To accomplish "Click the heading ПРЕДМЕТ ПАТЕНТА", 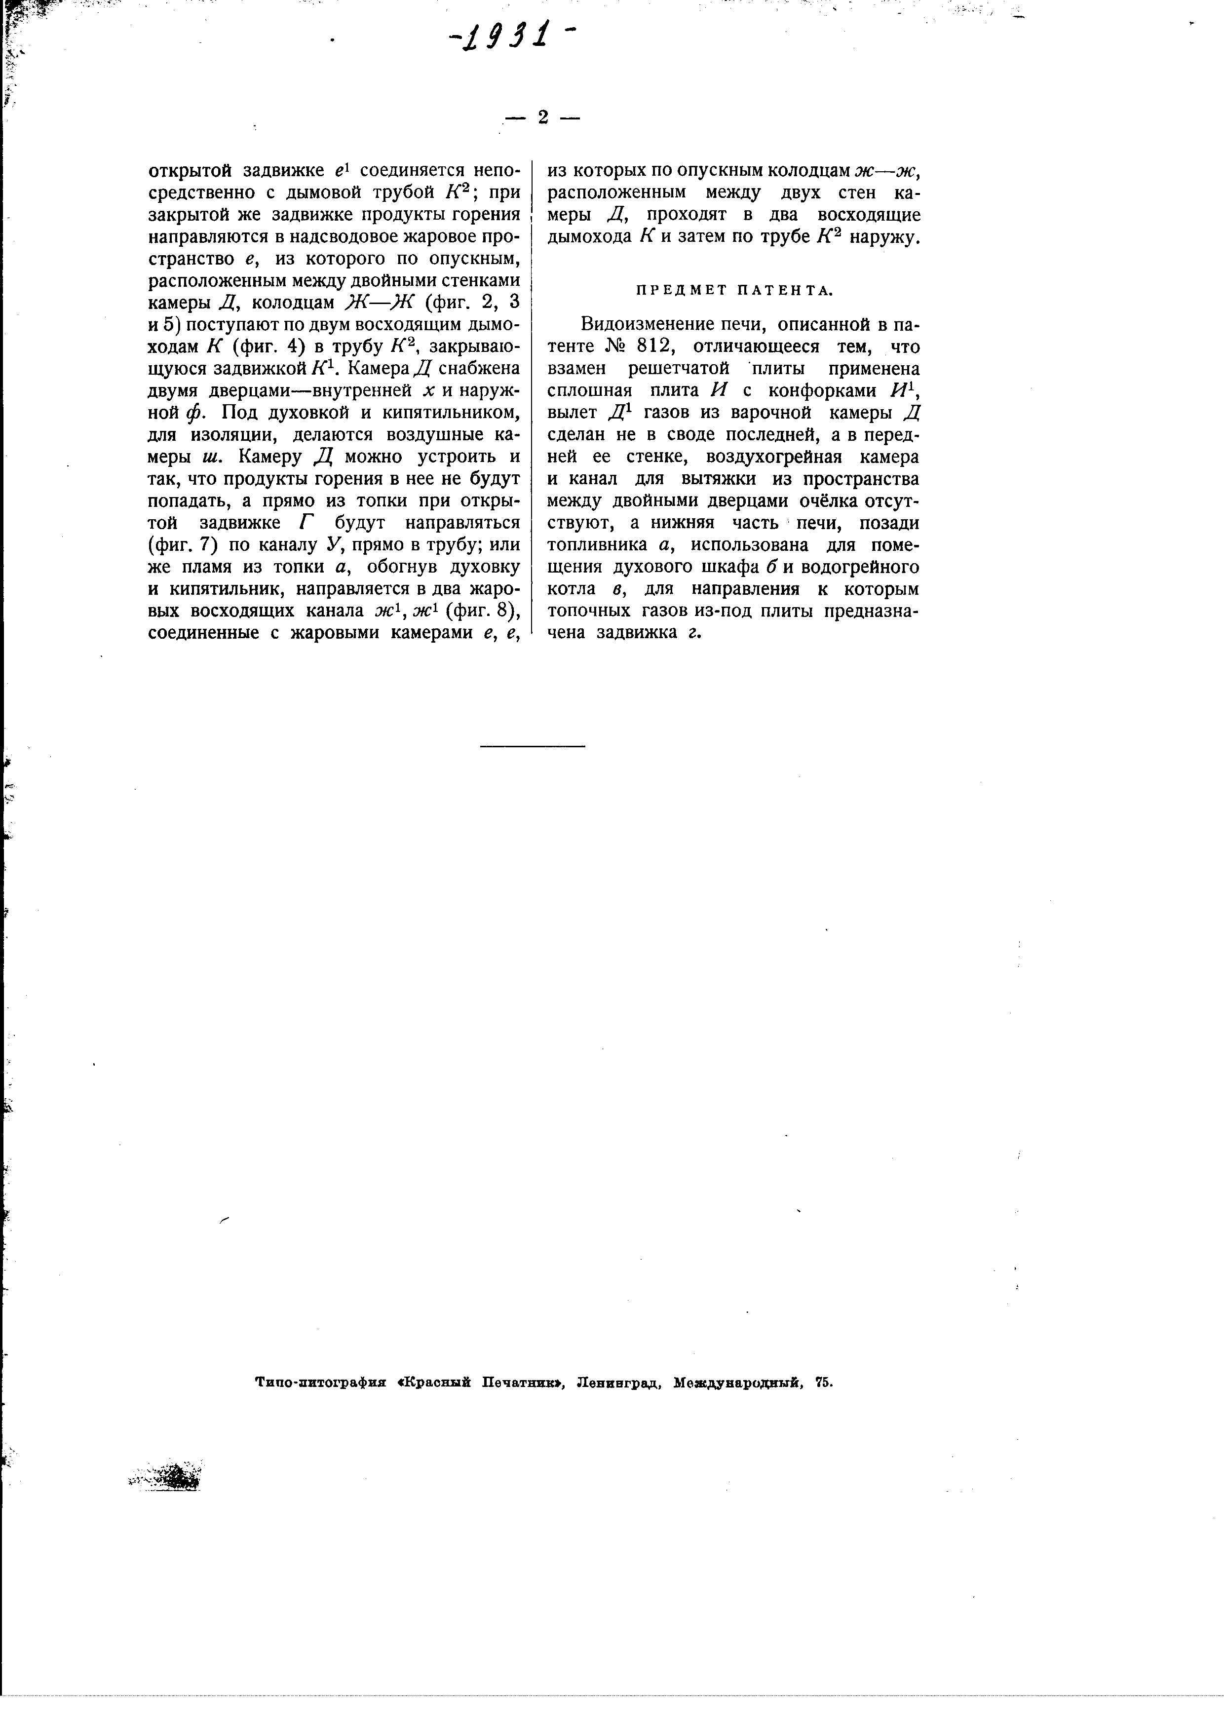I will coord(734,290).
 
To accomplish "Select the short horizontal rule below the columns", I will coord(532,746).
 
